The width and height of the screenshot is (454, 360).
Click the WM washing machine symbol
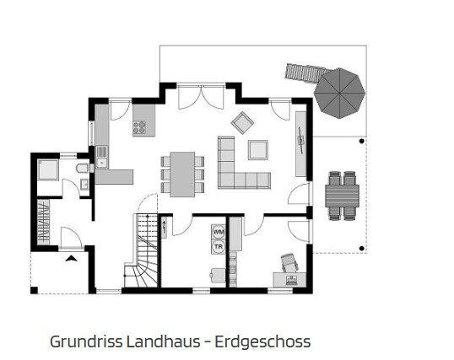click(219, 232)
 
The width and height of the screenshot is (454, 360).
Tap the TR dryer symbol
click(219, 247)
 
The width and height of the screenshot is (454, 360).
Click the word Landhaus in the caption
click(164, 341)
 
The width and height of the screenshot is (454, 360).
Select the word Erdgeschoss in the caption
click(262, 342)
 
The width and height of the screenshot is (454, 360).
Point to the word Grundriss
click(86, 341)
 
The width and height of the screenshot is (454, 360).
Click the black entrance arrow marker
click(71, 259)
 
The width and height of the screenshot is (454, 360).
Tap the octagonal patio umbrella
click(339, 94)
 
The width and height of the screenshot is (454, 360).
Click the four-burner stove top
click(139, 127)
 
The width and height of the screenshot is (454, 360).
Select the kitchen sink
click(101, 157)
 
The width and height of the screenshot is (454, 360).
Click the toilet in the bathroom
click(84, 168)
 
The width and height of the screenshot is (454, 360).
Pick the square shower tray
click(48, 169)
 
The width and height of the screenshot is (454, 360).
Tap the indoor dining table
click(182, 175)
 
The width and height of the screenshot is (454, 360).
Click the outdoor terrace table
click(342, 196)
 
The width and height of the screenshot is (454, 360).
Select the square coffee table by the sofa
click(258, 150)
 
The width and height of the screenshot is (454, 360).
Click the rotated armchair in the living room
click(242, 123)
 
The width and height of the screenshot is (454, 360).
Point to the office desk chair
click(289, 262)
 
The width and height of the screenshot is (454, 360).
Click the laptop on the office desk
click(290, 280)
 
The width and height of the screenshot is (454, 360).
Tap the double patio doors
click(201, 97)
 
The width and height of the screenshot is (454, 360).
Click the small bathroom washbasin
click(84, 185)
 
